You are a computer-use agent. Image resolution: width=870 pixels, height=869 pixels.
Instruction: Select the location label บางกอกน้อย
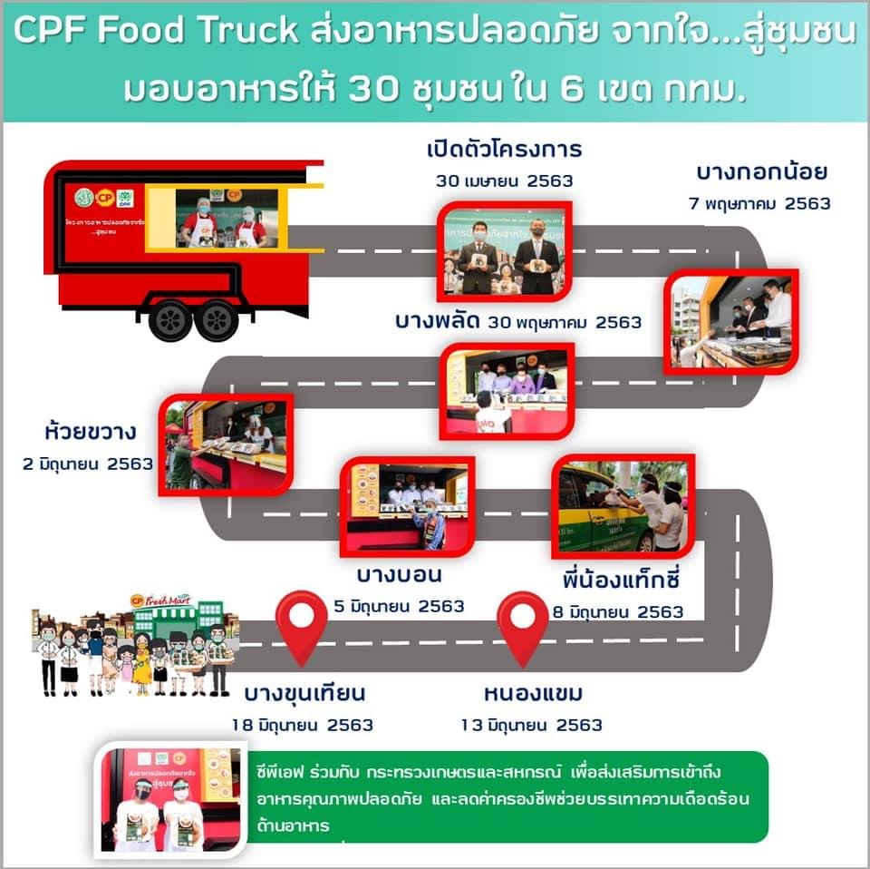[761, 172]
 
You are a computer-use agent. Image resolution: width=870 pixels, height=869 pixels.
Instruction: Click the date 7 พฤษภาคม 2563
[759, 203]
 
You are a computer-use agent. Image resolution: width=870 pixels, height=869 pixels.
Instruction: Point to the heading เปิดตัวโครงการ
[505, 149]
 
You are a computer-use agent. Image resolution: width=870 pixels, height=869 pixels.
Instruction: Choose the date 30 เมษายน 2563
[504, 181]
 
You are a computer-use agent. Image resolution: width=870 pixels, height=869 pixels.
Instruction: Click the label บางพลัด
[437, 321]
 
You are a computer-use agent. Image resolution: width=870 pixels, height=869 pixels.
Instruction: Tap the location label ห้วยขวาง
[92, 429]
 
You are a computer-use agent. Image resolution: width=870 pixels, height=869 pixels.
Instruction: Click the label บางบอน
[399, 575]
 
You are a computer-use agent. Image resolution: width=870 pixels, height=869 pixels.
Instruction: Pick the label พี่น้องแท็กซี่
[620, 579]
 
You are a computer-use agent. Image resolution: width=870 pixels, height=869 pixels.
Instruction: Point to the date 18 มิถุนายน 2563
[302, 725]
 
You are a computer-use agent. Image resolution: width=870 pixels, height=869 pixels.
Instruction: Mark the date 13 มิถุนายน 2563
[531, 725]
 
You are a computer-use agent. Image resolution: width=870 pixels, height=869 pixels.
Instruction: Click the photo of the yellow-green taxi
[623, 506]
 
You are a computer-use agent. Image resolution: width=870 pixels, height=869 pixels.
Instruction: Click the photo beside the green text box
[169, 799]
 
